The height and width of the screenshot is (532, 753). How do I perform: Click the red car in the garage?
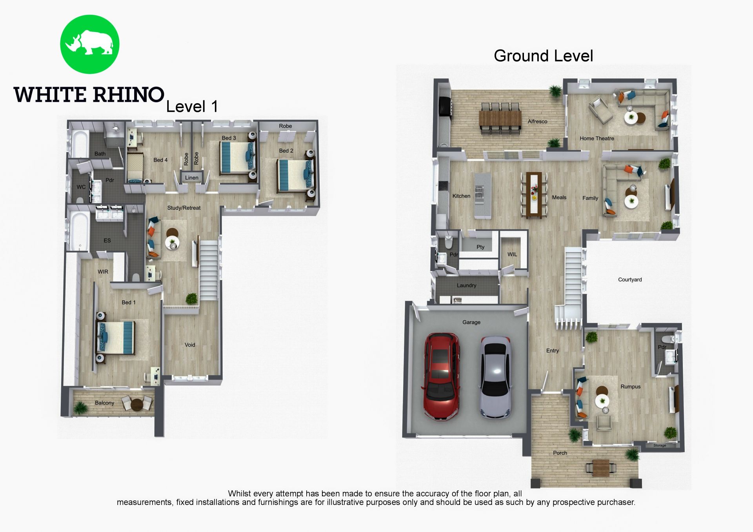(441, 377)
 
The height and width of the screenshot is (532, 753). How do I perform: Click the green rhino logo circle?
(89, 44)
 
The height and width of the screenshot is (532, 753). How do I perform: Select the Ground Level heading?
(543, 56)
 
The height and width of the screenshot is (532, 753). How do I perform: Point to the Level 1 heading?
(192, 107)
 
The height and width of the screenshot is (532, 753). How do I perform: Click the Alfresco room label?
(537, 122)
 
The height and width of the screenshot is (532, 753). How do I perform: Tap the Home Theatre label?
(597, 138)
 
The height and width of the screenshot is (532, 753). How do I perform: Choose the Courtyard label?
(630, 280)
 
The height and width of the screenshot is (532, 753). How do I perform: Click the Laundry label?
(466, 285)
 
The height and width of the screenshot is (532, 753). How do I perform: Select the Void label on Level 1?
(190, 345)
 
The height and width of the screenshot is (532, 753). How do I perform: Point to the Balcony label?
(104, 403)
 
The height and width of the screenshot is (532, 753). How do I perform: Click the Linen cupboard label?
(192, 178)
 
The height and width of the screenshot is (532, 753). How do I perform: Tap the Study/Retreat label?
(184, 208)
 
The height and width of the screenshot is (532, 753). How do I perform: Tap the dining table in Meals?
(534, 194)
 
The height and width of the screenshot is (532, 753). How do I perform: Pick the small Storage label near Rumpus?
(660, 445)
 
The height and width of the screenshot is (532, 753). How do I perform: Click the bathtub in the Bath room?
(80, 144)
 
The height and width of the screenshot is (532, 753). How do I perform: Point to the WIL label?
(512, 254)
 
